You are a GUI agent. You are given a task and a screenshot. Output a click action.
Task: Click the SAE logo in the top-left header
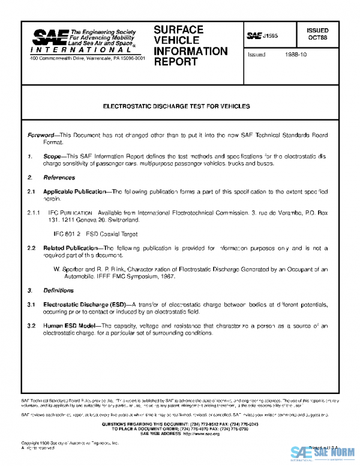coord(49,38)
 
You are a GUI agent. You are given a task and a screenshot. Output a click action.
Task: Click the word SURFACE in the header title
coord(178,29)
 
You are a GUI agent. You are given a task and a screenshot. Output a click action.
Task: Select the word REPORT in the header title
coord(172,61)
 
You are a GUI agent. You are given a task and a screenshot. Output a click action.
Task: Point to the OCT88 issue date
coord(317,37)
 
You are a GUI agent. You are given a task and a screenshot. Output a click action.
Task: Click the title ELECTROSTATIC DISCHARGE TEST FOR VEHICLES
coord(176,106)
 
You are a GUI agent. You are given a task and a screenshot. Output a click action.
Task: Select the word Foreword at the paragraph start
coord(41,136)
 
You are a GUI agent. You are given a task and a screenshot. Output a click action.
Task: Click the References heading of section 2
coord(59,178)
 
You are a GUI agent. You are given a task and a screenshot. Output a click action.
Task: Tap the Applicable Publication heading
coord(77,191)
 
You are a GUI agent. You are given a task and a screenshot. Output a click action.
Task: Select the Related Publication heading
coord(70,247)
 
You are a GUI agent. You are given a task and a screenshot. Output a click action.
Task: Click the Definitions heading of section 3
coord(59,291)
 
